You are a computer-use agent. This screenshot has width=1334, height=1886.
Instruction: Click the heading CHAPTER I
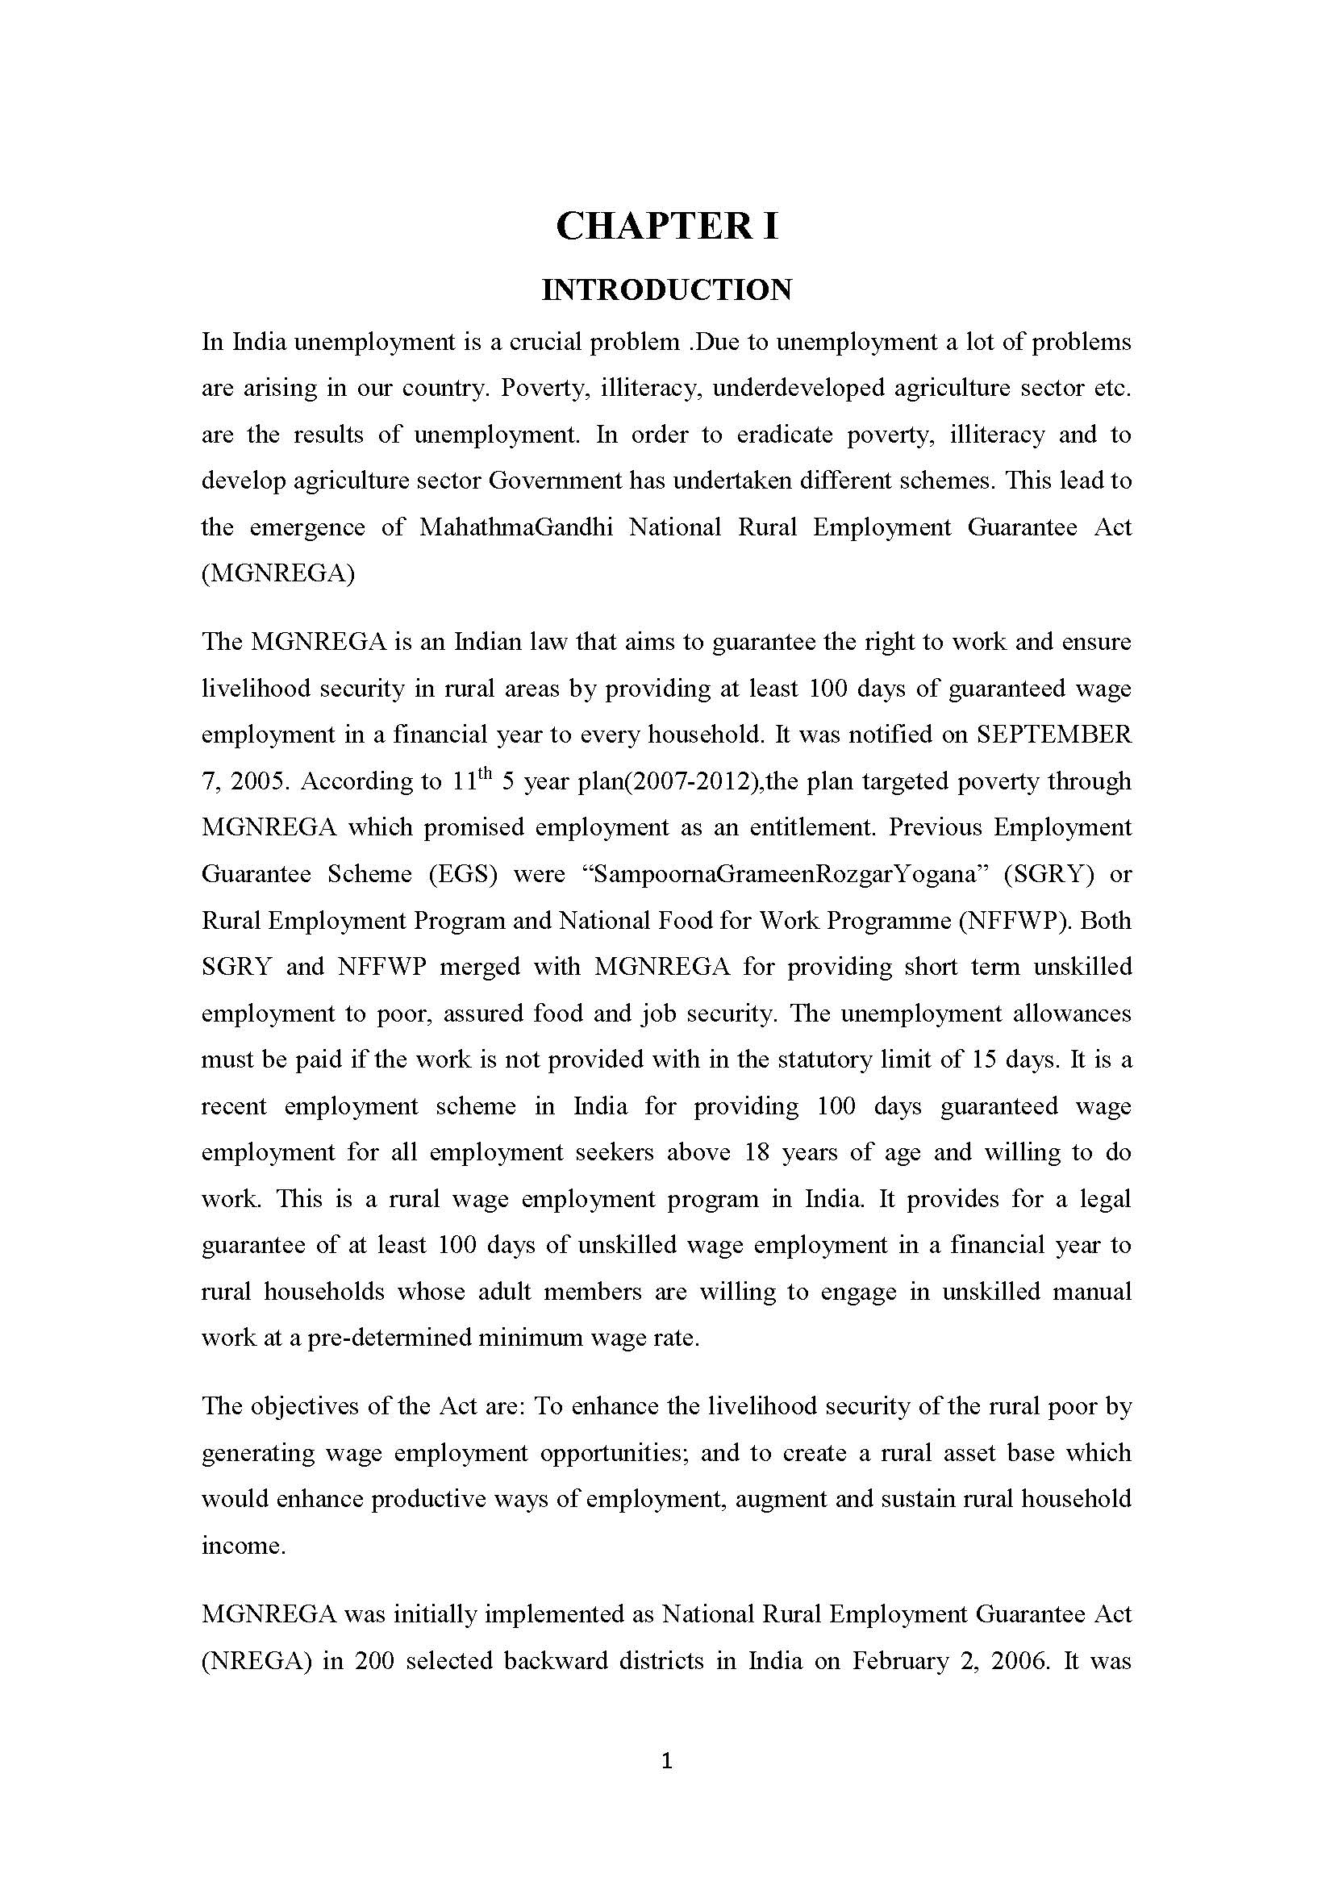pos(666,226)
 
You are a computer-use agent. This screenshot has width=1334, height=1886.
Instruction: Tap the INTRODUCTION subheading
pos(666,290)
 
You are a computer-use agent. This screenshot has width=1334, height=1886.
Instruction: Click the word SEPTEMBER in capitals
pos(1054,735)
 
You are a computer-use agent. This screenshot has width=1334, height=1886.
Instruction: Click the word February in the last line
pos(895,1661)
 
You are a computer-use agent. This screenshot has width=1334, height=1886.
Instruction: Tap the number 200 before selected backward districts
pos(375,1661)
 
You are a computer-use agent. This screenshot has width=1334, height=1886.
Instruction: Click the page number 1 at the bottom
pos(666,1759)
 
